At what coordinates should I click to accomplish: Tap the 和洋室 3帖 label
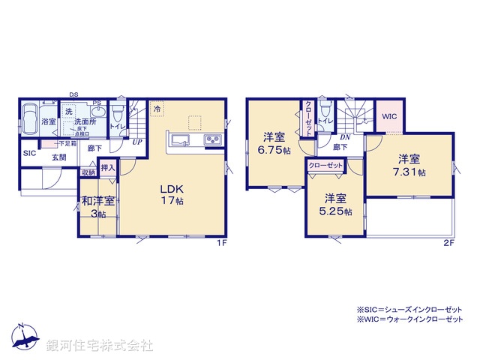pos(98,205)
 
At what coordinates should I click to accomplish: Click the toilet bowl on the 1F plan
pos(116,114)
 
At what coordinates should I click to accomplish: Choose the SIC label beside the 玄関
pos(29,153)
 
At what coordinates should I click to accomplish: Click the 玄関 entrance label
pos(59,157)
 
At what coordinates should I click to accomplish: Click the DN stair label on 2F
pos(346,137)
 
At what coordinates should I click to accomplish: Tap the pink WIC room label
pos(388,117)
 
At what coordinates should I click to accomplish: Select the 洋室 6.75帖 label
pos(272,142)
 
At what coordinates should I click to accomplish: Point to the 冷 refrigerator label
pos(157,109)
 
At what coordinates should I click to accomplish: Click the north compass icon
pos(24,338)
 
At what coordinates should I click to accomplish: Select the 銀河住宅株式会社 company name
pos(100,346)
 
